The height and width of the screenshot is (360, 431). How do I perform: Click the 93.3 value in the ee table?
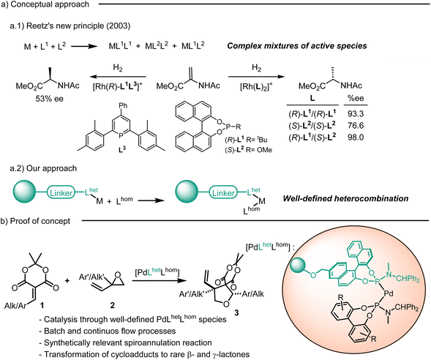356,113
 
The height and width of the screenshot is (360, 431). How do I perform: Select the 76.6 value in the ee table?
356,126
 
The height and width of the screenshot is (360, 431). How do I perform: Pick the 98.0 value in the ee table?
356,137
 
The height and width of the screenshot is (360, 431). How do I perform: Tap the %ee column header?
356,98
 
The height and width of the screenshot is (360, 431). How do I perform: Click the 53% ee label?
50,99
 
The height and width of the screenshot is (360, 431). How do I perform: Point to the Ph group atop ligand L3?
123,105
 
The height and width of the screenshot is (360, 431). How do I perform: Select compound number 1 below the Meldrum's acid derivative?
42,304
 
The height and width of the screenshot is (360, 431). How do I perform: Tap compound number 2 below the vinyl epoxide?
113,305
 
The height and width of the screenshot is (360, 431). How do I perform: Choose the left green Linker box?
61,193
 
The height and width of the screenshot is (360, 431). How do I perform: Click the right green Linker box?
223,193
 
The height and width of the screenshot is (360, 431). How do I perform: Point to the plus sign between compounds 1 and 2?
67,280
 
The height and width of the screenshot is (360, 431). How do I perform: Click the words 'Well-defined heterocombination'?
345,198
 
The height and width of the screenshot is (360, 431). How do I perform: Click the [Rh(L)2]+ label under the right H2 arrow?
256,86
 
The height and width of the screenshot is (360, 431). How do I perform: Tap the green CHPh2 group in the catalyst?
408,280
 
